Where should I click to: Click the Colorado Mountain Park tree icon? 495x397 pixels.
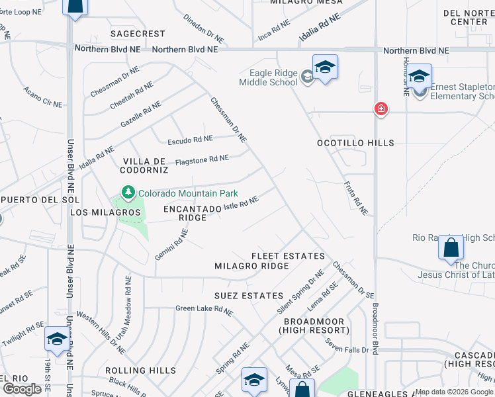[128, 194]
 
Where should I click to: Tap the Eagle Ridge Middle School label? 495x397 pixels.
[273, 78]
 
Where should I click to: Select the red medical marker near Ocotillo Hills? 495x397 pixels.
[381, 109]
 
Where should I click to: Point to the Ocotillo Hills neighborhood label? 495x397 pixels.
[355, 143]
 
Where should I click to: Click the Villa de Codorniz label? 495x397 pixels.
[144, 165]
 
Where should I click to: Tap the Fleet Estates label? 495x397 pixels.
[288, 256]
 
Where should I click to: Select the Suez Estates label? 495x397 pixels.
[249, 296]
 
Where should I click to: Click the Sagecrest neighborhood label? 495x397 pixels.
[138, 33]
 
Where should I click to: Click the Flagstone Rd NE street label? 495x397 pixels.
[202, 160]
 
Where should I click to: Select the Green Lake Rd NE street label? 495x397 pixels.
[204, 309]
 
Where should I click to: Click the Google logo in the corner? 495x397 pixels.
[21, 389]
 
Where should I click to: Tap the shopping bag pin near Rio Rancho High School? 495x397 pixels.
[451, 249]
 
